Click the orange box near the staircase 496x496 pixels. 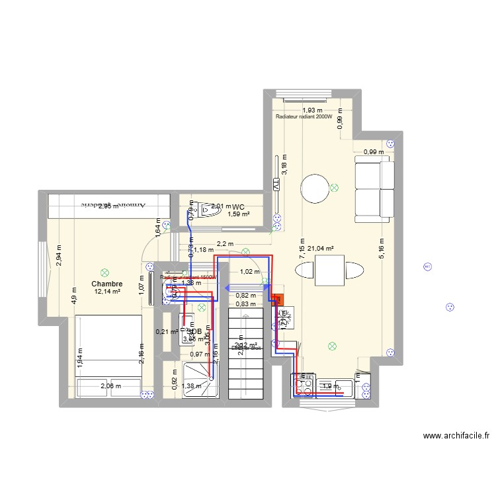pos(278,300)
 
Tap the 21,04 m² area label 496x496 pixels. pos(321,249)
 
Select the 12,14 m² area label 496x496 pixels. pos(107,292)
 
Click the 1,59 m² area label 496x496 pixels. pos(238,214)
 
